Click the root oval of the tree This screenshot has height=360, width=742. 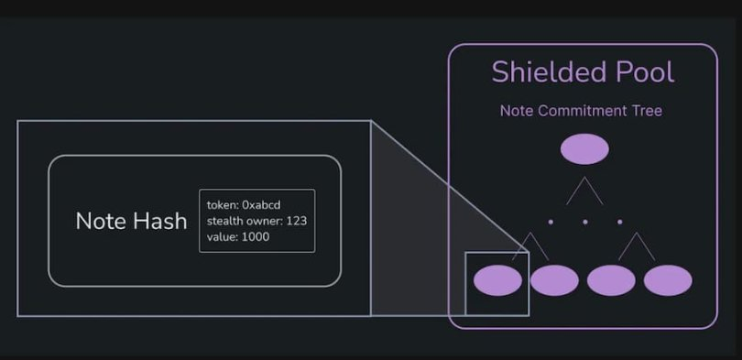584,149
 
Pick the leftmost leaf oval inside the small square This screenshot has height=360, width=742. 497,280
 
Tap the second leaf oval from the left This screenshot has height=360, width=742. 554,280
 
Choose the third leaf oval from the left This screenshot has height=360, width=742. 611,280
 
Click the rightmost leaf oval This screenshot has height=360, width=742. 668,280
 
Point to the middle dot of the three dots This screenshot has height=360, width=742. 585,222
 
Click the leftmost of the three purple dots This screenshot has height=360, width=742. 551,222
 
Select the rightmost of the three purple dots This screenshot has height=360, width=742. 620,222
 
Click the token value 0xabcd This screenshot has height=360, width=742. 261,205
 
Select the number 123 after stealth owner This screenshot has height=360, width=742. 296,221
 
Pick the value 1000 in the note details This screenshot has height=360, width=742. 256,237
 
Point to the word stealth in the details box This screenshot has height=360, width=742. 223,221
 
